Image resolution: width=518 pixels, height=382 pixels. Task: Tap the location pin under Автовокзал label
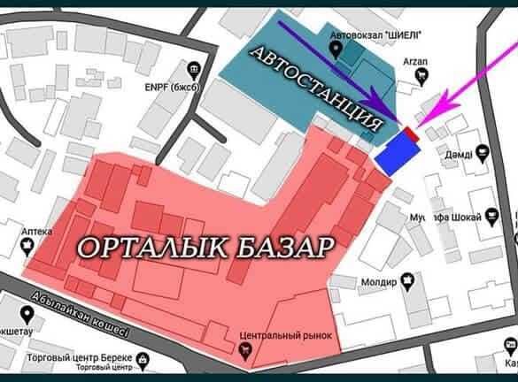pos(336,52)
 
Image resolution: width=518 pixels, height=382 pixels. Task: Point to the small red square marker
pos(410,135)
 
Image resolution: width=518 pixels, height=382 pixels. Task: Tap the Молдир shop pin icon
pos(409,280)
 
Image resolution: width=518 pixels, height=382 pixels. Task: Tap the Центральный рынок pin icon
pos(244,349)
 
